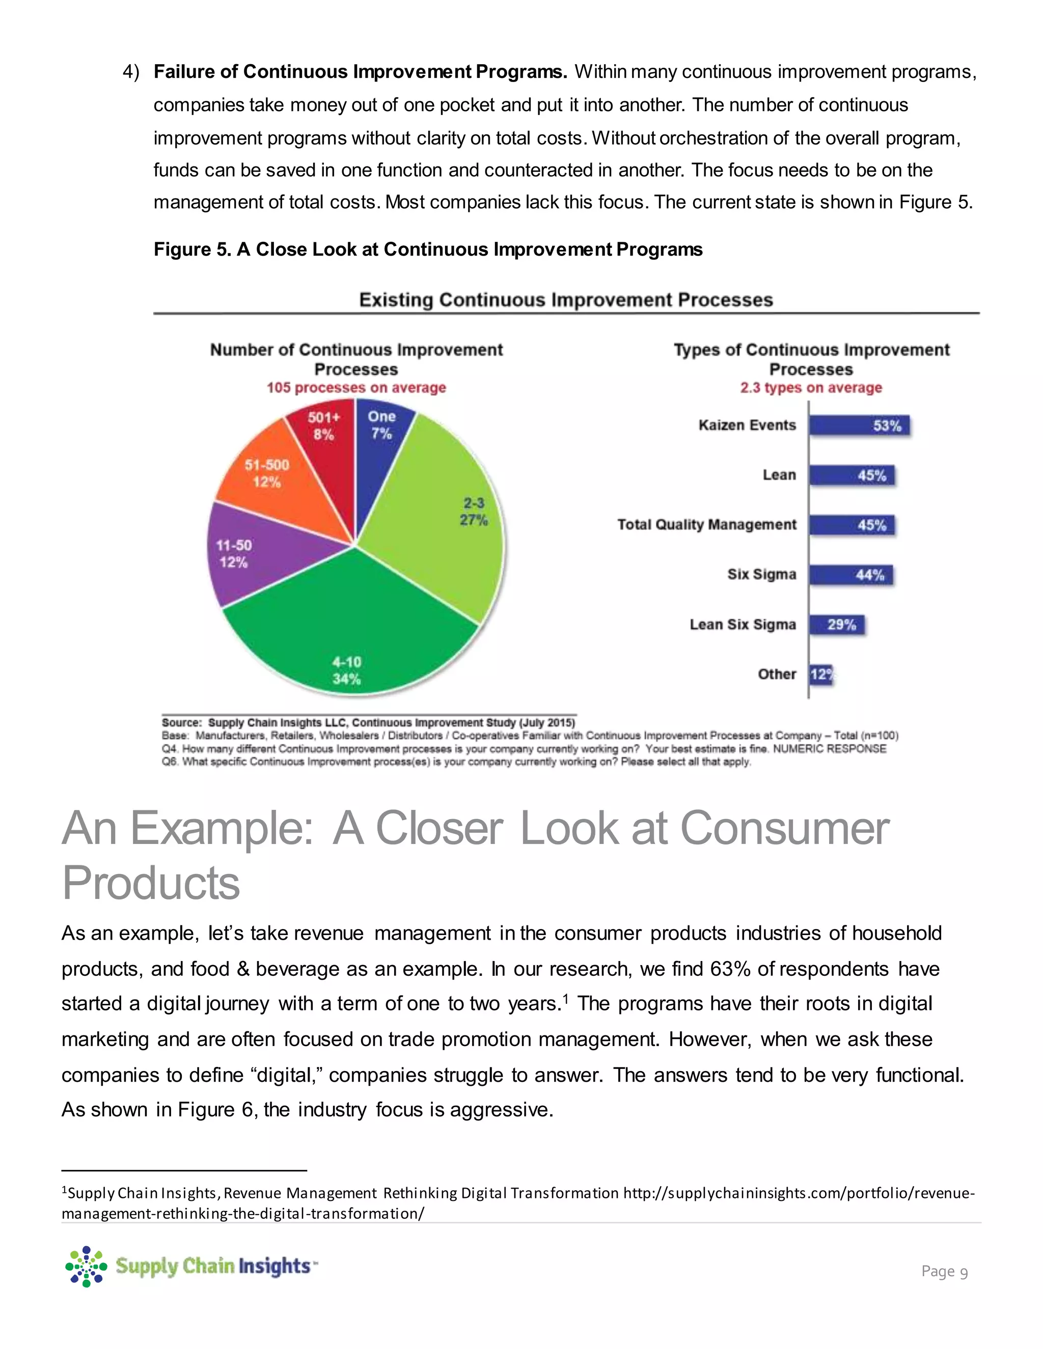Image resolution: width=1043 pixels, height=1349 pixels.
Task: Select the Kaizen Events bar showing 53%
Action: (x=859, y=426)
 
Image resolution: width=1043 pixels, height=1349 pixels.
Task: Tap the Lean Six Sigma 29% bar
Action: (x=837, y=625)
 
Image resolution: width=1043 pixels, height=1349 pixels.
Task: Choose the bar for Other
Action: (x=820, y=674)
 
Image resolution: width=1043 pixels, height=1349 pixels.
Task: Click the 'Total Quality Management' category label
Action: (x=706, y=525)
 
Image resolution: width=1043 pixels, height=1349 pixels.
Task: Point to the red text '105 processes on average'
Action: (x=356, y=388)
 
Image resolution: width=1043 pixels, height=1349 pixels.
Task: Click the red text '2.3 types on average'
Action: (x=811, y=388)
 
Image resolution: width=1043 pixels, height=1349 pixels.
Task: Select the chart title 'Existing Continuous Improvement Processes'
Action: (x=565, y=300)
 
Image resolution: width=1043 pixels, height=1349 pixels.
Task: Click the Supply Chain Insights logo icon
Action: (x=86, y=1266)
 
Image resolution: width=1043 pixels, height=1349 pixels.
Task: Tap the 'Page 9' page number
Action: (x=944, y=1271)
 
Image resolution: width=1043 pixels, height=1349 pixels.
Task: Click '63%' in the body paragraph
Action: (x=730, y=969)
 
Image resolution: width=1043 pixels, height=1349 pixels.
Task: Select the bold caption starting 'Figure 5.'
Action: (x=428, y=249)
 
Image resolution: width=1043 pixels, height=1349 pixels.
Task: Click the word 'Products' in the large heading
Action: (x=151, y=883)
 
